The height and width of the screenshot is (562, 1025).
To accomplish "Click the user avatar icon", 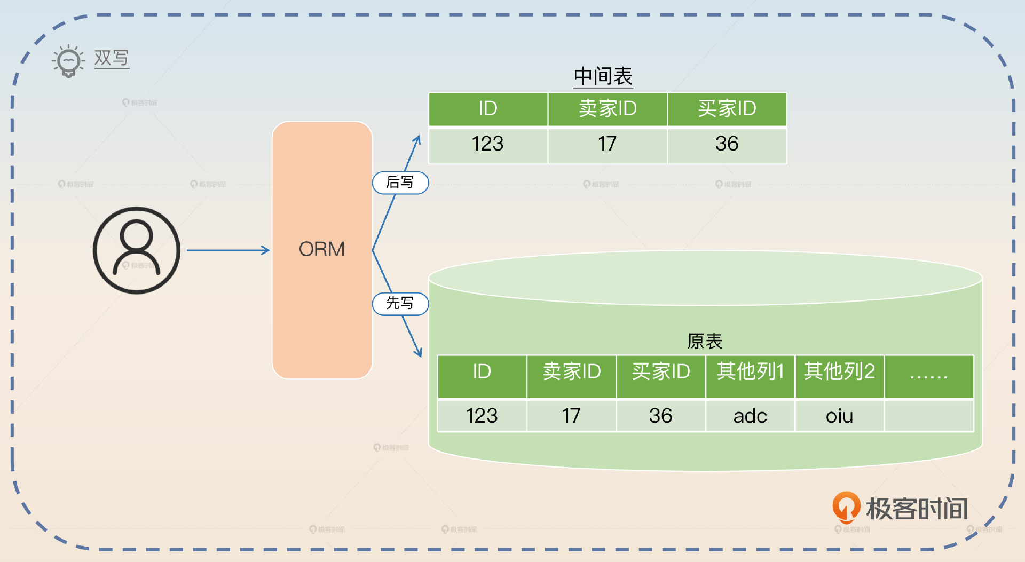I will click(137, 250).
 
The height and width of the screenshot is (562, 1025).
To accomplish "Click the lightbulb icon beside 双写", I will click(68, 61).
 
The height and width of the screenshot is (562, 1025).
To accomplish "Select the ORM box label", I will click(322, 249).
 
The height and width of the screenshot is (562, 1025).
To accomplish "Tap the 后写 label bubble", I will click(400, 183).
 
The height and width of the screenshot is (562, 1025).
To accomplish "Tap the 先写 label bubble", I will click(400, 304).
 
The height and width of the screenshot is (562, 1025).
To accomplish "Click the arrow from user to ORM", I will click(228, 250).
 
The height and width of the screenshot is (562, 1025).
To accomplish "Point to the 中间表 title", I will click(603, 77).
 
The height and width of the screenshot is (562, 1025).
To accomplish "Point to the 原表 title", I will click(705, 341).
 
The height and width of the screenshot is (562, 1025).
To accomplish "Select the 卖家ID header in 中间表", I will click(608, 109).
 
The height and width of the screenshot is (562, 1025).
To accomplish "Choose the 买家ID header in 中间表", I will click(727, 109).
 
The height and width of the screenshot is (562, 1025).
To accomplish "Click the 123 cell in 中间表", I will click(488, 144).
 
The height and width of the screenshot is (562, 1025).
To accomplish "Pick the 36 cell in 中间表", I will click(727, 144).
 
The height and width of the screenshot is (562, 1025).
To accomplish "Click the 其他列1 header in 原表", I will click(750, 371).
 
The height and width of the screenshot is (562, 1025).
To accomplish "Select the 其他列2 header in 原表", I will click(839, 371).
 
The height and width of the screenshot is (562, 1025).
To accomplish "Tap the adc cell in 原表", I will click(750, 416).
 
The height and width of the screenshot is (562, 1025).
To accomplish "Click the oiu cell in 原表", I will click(839, 416).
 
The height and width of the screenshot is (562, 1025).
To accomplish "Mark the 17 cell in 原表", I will click(571, 416).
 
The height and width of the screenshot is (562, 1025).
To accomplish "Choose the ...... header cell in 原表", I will click(929, 376).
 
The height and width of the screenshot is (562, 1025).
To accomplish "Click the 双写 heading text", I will click(112, 58).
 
